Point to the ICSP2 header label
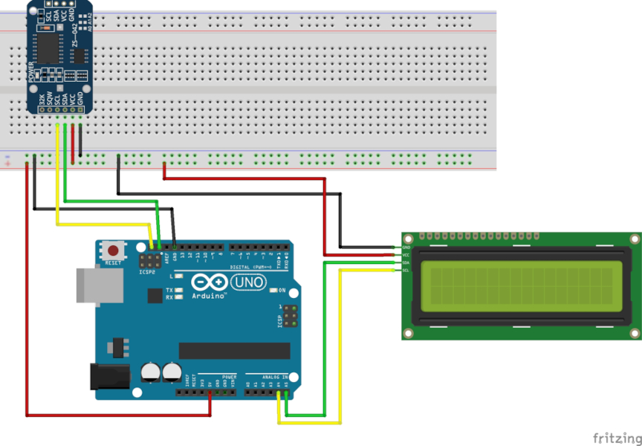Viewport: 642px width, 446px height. coord(148,272)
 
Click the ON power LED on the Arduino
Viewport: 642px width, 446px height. coord(273,289)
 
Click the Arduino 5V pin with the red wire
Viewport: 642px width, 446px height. coord(210,392)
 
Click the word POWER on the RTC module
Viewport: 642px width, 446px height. coord(31,72)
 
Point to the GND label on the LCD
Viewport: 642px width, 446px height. coord(406,247)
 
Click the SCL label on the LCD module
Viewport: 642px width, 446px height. coord(406,270)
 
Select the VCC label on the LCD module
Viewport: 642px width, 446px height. coord(406,255)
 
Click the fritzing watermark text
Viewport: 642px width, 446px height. coord(616,438)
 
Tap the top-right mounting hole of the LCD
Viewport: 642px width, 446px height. coord(634,239)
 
